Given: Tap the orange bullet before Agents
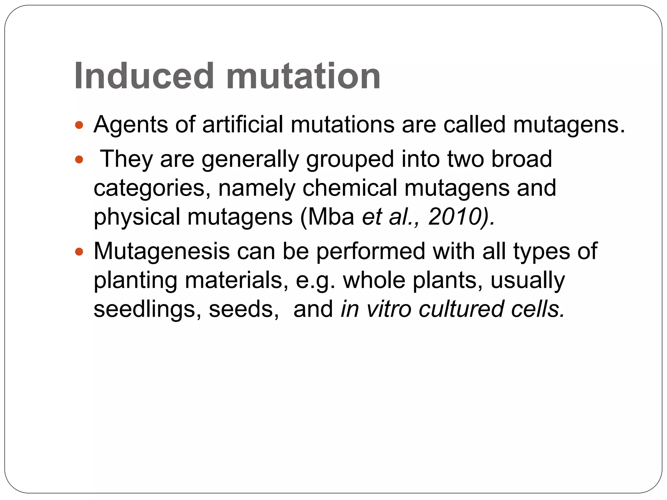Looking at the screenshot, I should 79,125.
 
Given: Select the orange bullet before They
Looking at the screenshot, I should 79,160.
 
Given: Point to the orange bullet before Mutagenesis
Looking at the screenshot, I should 79,252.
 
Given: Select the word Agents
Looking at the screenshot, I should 131,125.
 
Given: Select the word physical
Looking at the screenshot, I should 137,217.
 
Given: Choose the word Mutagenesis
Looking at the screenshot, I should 162,252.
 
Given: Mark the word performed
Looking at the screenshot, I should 371,252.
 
